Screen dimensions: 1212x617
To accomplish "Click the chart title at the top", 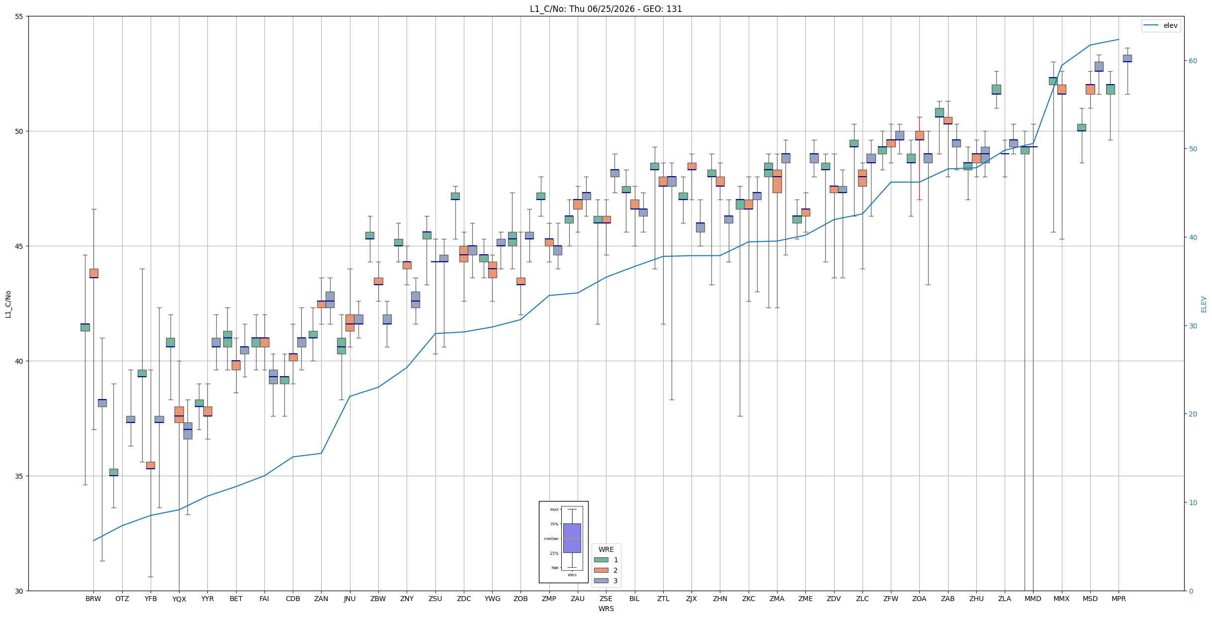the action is [x=606, y=9].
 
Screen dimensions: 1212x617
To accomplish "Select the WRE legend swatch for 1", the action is [x=601, y=560].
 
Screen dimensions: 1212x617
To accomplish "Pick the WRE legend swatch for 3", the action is [x=601, y=581].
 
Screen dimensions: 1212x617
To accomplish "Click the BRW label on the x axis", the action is [x=93, y=599].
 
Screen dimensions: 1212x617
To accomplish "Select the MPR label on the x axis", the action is [x=1119, y=599].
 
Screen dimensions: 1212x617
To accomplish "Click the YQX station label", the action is [x=179, y=599].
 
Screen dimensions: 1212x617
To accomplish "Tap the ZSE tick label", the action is [x=606, y=599].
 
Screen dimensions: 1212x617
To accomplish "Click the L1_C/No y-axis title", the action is [x=8, y=304].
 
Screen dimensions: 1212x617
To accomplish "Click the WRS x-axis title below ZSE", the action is [x=606, y=609].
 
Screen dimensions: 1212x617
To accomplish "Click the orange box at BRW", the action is [x=93, y=273].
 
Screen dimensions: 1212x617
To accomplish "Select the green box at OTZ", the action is [x=114, y=472].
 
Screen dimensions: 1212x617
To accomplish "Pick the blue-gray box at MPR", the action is [x=1127, y=58].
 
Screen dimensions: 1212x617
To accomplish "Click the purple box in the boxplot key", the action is [x=572, y=538].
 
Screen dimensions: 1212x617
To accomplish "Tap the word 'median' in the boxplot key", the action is [x=551, y=538].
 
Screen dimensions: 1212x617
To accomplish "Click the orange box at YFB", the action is [x=151, y=465].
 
